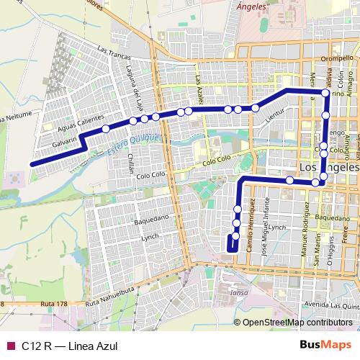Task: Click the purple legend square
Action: pos(9,345)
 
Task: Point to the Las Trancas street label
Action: pos(113,53)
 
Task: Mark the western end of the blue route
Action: pos(32,164)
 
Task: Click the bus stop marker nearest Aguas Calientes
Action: pos(106,129)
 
